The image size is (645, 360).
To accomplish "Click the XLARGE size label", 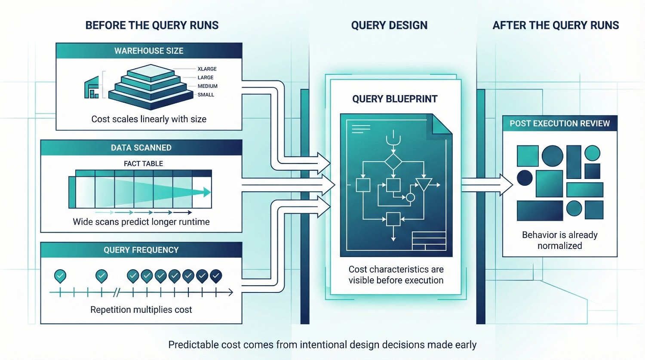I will (x=207, y=69).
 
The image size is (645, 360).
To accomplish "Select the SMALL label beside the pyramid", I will (x=206, y=95).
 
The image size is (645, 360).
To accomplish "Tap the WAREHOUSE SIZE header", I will (x=149, y=51).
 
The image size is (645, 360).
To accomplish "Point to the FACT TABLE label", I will (x=143, y=163).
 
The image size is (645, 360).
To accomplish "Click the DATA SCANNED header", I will (x=141, y=148).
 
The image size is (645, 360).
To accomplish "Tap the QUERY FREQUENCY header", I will (x=141, y=250).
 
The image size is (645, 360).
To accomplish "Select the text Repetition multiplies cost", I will (x=141, y=310).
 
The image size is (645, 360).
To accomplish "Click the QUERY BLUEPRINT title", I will (x=395, y=99).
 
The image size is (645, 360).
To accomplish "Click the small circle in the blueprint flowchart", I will (x=410, y=197).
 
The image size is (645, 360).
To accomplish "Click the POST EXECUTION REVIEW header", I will (x=559, y=123).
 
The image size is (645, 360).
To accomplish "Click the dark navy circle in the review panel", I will (x=525, y=178).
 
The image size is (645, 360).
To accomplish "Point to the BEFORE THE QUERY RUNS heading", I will (x=152, y=25).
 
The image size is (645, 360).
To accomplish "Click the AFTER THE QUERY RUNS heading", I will (x=556, y=25).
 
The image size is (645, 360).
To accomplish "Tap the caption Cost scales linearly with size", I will (x=149, y=119).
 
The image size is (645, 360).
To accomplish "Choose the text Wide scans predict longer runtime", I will (x=141, y=222).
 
